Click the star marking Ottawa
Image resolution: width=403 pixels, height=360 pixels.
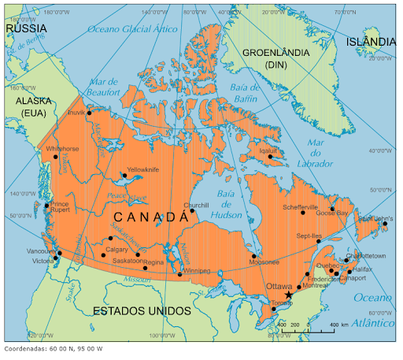point(289,295)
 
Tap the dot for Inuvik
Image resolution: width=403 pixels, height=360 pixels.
point(90,113)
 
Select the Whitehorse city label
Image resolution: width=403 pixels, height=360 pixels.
point(62,149)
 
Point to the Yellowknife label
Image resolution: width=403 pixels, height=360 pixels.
point(142,169)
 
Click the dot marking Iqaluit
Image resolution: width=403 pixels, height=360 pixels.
point(270,156)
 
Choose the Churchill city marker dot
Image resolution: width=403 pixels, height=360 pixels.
point(192,210)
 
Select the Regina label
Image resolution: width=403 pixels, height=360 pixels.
point(153,262)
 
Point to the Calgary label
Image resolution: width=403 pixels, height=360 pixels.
point(116,250)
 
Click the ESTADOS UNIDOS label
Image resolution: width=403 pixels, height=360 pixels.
point(142,310)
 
